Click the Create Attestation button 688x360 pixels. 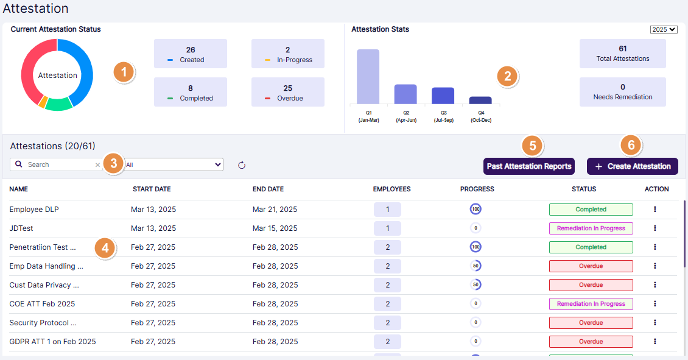(632, 166)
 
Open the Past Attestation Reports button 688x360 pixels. (528, 166)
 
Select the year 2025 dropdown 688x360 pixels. (664, 29)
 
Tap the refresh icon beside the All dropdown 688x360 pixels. (241, 165)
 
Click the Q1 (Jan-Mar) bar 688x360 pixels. (368, 77)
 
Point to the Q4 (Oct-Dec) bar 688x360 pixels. (480, 101)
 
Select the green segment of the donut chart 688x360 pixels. (59, 105)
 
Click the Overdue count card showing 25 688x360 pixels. (288, 93)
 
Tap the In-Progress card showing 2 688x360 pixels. (288, 54)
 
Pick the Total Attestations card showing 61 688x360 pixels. (622, 54)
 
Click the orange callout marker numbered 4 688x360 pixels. (105, 249)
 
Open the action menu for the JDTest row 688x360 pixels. (655, 228)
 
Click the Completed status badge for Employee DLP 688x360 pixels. (591, 210)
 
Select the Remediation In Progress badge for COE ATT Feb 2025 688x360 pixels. (591, 304)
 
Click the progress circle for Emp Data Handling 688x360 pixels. (476, 266)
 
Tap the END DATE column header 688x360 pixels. (268, 189)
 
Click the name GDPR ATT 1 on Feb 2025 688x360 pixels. (52, 342)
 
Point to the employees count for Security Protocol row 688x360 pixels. (387, 323)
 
